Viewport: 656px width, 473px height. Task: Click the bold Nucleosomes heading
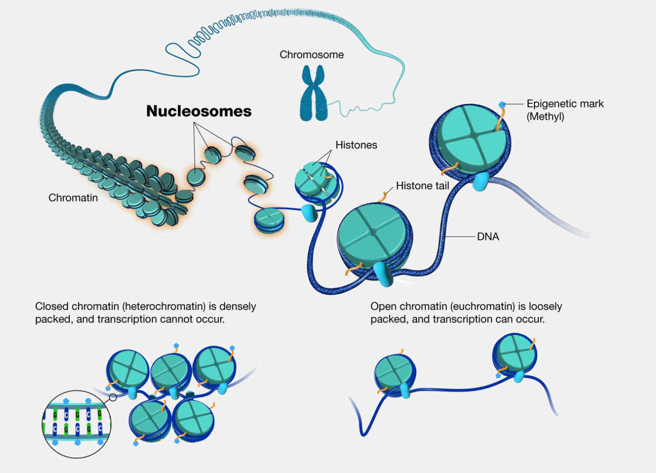pos(199,111)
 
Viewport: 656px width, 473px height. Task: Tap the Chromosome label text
pos(311,55)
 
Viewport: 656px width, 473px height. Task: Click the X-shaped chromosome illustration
pos(313,93)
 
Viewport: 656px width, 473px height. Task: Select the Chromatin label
pos(73,198)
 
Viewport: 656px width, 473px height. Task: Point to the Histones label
pos(356,145)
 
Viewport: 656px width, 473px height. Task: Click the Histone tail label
pos(422,186)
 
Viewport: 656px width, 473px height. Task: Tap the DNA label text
pos(488,237)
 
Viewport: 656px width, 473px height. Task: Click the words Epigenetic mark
pos(565,104)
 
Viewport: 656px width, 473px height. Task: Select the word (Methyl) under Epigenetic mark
pos(545,117)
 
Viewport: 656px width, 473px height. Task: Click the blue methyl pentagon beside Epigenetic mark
pos(502,105)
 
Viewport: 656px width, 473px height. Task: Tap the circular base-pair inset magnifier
pos(77,423)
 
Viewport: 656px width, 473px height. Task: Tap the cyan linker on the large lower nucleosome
pos(381,274)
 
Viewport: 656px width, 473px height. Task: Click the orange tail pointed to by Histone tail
pos(382,197)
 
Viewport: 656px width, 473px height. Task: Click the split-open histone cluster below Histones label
pos(317,183)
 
